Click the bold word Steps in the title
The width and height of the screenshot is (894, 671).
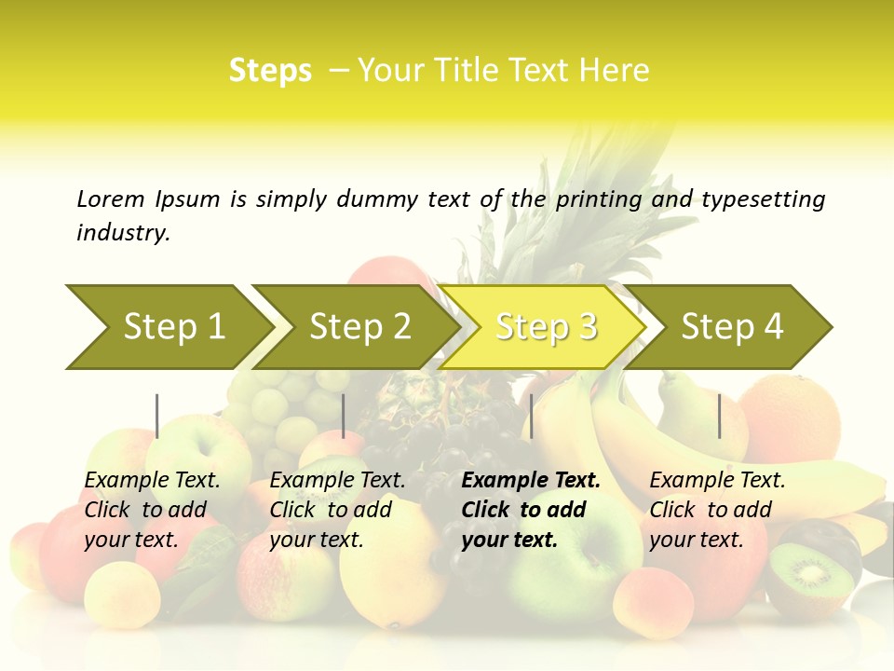tap(270, 71)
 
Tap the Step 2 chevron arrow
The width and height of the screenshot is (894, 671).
tap(359, 327)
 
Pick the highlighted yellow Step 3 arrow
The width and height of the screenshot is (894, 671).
tap(546, 327)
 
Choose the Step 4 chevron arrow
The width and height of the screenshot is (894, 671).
tap(732, 327)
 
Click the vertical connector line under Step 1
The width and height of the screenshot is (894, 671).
tap(156, 416)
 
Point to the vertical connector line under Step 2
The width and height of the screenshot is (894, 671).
tap(344, 416)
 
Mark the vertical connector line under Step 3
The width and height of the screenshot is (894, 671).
tap(531, 416)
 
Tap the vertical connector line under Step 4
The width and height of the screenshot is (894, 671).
tap(719, 416)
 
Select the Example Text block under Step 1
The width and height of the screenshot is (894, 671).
tap(152, 510)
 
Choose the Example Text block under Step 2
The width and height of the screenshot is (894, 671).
tap(337, 510)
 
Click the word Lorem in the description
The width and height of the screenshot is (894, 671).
tap(111, 199)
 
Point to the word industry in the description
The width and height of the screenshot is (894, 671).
tap(123, 233)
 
